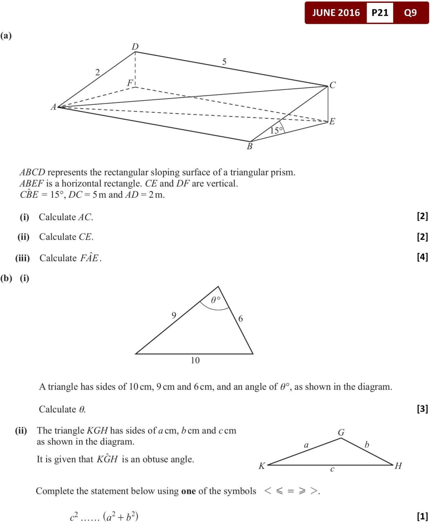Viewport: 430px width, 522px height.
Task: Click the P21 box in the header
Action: pyautogui.click(x=380, y=13)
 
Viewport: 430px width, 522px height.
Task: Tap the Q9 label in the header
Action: pyautogui.click(x=410, y=13)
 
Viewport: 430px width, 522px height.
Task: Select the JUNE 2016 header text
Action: pyautogui.click(x=336, y=13)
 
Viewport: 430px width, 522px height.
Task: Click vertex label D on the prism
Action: pyautogui.click(x=135, y=47)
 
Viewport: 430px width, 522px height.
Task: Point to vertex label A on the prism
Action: pyautogui.click(x=54, y=107)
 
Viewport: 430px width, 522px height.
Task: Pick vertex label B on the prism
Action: pyautogui.click(x=249, y=146)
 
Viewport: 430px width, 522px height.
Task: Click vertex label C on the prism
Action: pyautogui.click(x=333, y=85)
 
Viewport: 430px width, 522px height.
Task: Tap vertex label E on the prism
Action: pyautogui.click(x=332, y=121)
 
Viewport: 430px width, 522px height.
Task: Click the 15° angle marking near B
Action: pyautogui.click(x=276, y=130)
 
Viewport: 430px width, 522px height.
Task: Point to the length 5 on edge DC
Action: pyautogui.click(x=224, y=61)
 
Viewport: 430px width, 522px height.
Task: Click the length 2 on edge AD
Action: pyautogui.click(x=98, y=72)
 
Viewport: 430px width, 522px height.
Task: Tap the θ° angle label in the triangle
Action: pyautogui.click(x=215, y=300)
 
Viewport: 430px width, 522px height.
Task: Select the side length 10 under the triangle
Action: pyautogui.click(x=195, y=360)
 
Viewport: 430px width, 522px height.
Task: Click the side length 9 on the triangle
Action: pyautogui.click(x=174, y=315)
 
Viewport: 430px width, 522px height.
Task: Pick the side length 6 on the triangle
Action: pyautogui.click(x=240, y=319)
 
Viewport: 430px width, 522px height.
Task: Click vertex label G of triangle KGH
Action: pyautogui.click(x=341, y=432)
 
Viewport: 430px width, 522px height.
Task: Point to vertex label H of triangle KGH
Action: pyautogui.click(x=398, y=466)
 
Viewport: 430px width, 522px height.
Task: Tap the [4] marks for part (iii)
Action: pyautogui.click(x=422, y=257)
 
